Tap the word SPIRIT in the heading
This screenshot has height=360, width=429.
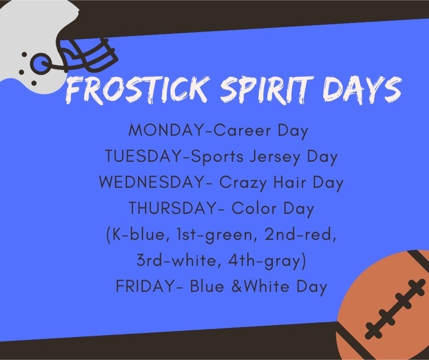[x=267, y=89]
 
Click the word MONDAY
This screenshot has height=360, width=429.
[x=165, y=130]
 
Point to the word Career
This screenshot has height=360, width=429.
[x=241, y=130]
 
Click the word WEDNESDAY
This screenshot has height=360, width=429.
[x=151, y=183]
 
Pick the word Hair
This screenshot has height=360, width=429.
[x=289, y=183]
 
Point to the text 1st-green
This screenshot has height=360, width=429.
[x=217, y=235]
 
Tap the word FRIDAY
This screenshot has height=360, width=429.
[x=144, y=286]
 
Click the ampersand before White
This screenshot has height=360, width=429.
[x=237, y=286]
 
